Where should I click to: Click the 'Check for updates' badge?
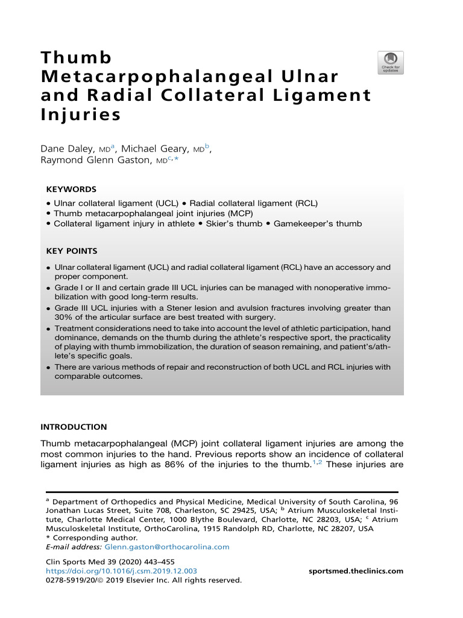[x=391, y=63]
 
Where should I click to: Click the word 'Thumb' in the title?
[x=76, y=59]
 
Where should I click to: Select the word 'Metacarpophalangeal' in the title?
[x=155, y=77]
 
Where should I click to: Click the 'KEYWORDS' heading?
[x=71, y=189]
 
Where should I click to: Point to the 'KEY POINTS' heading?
[x=72, y=250]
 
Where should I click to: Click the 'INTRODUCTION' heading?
[x=74, y=427]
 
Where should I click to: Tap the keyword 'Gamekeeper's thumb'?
[x=317, y=224]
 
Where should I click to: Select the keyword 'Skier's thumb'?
[x=235, y=224]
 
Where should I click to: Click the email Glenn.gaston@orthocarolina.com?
[x=167, y=547]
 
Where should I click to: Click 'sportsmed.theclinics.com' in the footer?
[x=356, y=571]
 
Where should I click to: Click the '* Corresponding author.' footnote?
[x=91, y=538]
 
